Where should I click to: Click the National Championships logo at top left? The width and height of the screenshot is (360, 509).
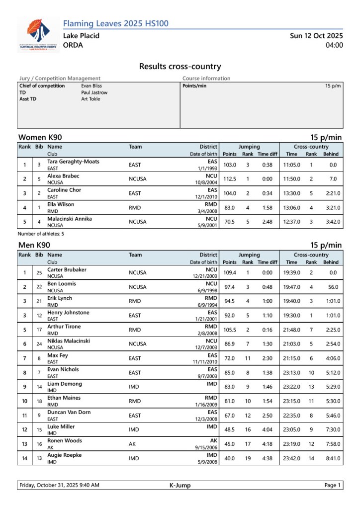click(38, 35)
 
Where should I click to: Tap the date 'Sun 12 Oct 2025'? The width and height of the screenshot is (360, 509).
click(316, 36)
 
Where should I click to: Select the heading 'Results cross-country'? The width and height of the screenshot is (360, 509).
click(180, 67)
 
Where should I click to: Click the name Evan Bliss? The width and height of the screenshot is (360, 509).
click(91, 85)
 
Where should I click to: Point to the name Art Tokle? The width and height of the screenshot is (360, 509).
click(90, 99)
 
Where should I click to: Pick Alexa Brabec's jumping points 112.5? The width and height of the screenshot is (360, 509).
click(229, 179)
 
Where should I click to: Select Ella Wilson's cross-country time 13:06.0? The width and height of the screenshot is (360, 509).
click(291, 207)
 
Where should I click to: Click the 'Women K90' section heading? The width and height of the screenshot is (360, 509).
click(40, 137)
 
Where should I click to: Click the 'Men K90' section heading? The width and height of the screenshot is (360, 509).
click(34, 245)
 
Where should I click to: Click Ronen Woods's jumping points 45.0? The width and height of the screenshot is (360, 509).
click(229, 444)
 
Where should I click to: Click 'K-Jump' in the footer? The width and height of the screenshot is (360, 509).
click(180, 485)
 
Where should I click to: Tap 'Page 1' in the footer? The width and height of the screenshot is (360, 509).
click(332, 485)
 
